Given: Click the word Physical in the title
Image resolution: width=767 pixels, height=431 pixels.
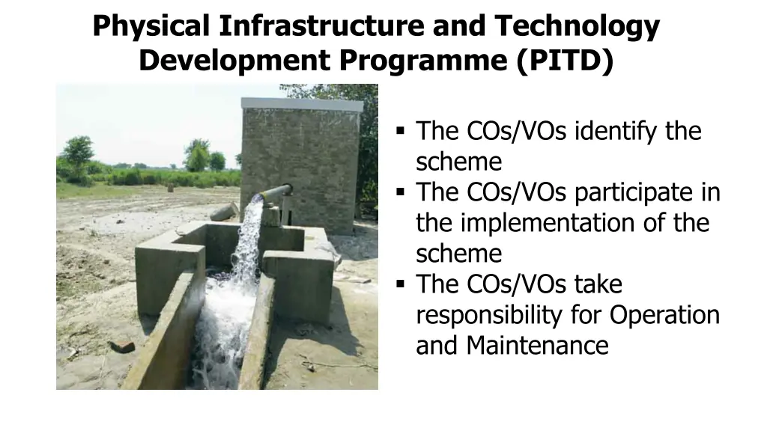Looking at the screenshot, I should pos(152,27).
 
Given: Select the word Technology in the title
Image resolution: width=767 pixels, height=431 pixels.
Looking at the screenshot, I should pos(577,27).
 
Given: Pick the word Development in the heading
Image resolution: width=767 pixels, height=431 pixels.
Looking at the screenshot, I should pos(233,60).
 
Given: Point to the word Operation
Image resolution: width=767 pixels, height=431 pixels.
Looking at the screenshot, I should pos(664,315).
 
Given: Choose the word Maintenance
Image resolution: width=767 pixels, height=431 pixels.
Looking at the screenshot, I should pos(537,346).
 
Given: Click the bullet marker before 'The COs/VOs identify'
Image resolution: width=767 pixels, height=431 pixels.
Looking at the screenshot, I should pos(401,132).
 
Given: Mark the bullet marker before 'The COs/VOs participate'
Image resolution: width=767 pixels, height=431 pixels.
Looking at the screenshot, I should pos(401,192).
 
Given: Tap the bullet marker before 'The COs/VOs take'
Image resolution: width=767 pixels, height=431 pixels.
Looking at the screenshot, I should pos(401,284).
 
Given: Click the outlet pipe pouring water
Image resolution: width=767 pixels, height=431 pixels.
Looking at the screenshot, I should pos(276,192).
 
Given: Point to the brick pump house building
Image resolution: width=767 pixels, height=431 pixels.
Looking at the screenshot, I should pos(300,165).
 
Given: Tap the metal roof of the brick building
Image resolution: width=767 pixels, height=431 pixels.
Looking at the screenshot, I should pos(302,104).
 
